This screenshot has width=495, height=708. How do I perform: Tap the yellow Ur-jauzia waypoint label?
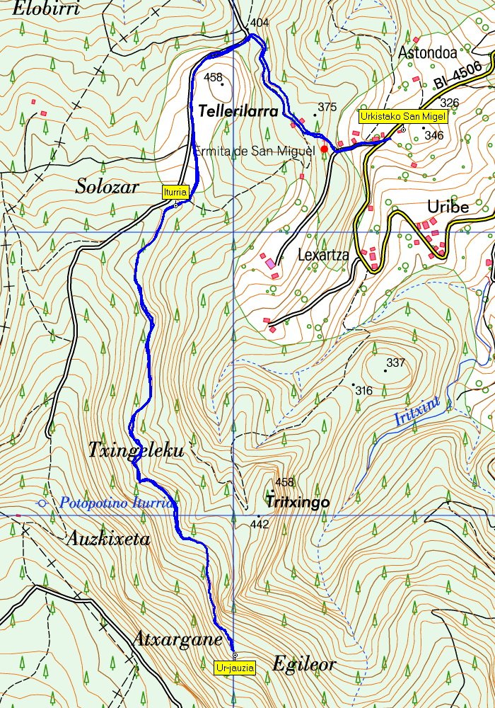235,667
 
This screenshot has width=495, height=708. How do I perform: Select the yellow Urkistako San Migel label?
402,117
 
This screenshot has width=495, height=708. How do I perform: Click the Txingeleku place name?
136,450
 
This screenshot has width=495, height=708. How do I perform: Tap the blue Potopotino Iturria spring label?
117,503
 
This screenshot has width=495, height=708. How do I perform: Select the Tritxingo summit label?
298,501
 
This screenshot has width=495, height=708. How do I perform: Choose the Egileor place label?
303,665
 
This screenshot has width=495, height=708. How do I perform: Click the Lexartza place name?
323,255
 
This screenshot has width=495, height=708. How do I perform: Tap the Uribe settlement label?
448,207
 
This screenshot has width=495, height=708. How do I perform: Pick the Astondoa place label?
428,52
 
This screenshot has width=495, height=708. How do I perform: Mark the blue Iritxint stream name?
417,413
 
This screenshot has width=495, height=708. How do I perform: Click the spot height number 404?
260,23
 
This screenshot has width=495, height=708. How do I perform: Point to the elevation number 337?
395,363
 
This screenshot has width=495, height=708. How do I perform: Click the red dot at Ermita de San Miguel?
324,149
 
